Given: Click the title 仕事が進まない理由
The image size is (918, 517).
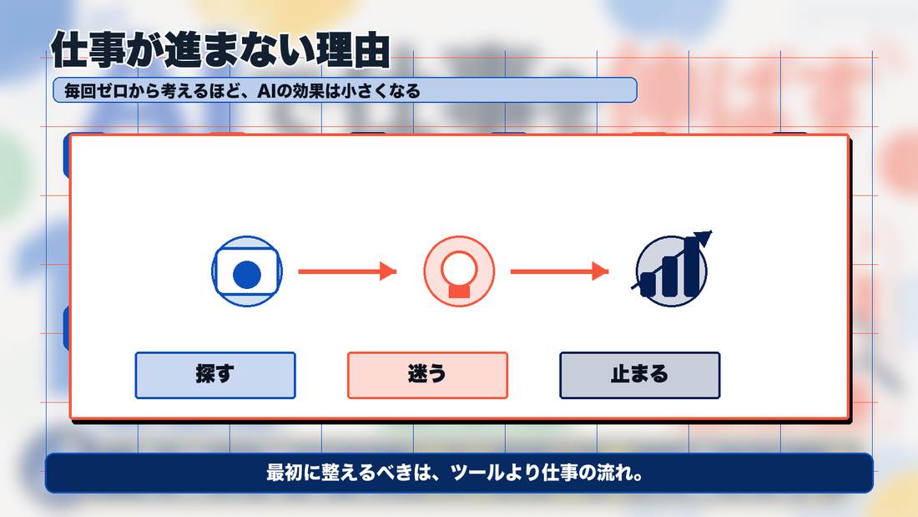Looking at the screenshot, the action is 220,50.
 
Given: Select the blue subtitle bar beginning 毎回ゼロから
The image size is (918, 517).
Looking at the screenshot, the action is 345,90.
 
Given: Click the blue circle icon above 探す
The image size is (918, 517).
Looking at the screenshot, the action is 247,271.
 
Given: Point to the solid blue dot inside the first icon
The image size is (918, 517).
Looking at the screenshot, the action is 247,274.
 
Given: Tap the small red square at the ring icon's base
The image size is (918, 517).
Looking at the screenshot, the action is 459,291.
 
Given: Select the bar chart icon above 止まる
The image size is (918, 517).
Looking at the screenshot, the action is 672,269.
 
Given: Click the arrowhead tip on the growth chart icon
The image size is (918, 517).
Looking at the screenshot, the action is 711,231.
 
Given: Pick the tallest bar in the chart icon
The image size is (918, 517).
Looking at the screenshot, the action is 692,266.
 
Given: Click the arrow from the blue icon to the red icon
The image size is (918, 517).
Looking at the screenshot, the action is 347,271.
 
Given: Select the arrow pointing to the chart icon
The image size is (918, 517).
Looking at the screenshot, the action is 560,271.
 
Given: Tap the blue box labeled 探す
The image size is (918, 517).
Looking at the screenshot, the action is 215,375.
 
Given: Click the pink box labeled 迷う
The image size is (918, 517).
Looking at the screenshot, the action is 427,375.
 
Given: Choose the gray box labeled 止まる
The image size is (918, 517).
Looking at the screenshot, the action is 640,375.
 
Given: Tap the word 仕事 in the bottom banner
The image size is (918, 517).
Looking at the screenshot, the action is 560,473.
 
